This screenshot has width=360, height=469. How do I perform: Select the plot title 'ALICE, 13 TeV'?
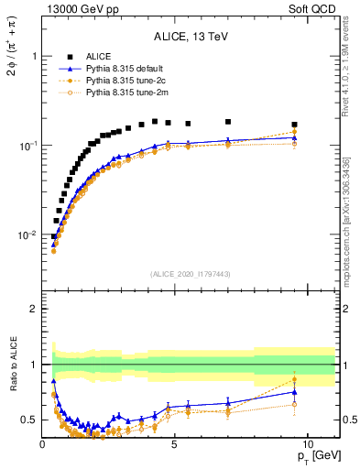click(191, 37)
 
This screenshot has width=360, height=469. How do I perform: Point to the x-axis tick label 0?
click(43, 444)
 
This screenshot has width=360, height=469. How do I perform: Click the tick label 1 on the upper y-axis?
click(34, 56)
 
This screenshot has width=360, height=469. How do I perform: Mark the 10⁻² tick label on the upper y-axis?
click(27, 235)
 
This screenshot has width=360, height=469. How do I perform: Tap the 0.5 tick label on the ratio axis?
click(29, 420)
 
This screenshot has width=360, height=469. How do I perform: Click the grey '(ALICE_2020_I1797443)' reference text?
click(191, 274)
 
